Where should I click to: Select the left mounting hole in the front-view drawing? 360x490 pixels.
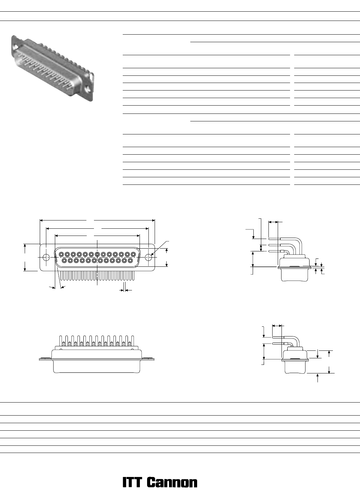tap(46, 258)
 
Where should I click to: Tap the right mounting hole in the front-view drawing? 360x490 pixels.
tap(148, 258)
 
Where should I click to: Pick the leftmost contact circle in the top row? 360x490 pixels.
tap(61, 254)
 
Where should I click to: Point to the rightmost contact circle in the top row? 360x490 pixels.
tap(133, 254)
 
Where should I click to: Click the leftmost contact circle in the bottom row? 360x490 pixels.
tap(64, 261)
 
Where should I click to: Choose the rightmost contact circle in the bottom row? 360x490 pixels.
tap(130, 261)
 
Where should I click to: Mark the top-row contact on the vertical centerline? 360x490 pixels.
tap(97, 254)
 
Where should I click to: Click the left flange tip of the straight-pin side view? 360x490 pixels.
tap(39, 359)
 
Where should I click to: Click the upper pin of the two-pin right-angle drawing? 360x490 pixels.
tap(284, 337)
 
